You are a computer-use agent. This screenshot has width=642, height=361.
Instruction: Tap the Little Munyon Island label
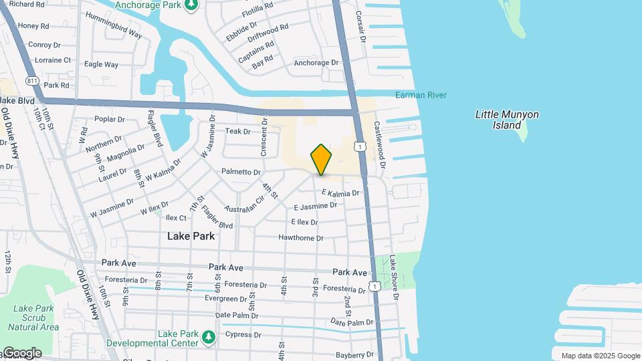(507, 120)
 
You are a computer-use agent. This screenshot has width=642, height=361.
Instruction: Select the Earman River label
(420, 95)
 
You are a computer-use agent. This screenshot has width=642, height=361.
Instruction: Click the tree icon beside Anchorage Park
(192, 5)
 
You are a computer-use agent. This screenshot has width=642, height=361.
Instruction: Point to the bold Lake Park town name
(191, 236)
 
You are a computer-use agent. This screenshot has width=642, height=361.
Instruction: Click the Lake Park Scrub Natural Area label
(33, 318)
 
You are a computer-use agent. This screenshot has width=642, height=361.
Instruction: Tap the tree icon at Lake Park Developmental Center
(209, 334)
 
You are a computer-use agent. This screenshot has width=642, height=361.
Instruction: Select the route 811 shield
(33, 81)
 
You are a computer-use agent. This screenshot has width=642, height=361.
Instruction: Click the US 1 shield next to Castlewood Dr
(360, 146)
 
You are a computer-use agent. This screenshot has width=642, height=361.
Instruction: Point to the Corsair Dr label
(362, 26)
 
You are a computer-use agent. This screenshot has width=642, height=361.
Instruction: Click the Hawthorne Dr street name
(301, 238)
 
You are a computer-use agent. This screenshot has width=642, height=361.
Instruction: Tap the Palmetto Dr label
(241, 172)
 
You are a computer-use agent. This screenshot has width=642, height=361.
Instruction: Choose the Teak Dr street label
(238, 132)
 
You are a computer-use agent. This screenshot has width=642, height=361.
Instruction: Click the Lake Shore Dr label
(394, 273)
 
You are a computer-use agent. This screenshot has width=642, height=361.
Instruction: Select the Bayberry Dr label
(354, 355)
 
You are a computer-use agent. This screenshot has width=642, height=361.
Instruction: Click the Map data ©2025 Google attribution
(600, 356)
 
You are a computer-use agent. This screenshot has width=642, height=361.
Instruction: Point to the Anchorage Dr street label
(316, 63)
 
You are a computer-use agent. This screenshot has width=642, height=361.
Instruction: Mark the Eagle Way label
(102, 65)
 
